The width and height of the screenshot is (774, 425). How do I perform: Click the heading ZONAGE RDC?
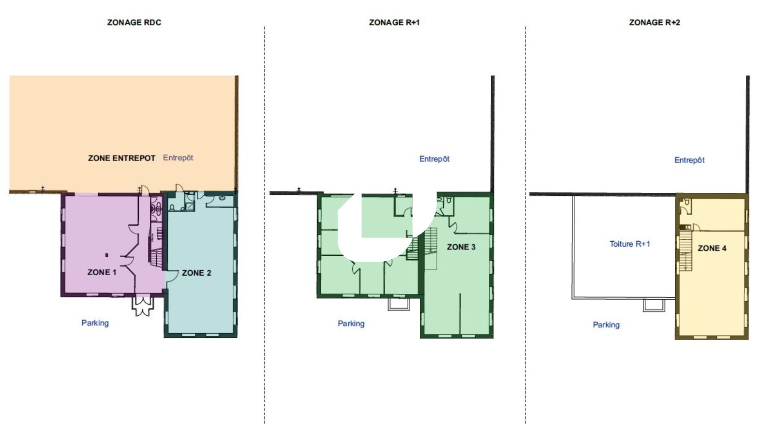click(134, 22)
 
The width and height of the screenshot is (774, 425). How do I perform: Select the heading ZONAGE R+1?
click(394, 22)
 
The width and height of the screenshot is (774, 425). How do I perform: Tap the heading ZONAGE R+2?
click(655, 22)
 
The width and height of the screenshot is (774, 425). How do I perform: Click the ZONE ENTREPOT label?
click(121, 158)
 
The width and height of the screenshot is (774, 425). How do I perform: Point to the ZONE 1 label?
click(102, 272)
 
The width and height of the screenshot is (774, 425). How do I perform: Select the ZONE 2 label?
click(196, 273)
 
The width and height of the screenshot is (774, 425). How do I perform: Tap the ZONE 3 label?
click(461, 247)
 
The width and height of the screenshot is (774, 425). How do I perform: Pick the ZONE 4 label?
click(712, 248)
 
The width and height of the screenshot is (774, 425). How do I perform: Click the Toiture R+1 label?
click(629, 244)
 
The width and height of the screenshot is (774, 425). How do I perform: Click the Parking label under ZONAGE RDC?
click(95, 323)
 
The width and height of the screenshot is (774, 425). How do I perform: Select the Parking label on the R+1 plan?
click(351, 323)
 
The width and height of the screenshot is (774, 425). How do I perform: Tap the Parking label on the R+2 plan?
click(606, 324)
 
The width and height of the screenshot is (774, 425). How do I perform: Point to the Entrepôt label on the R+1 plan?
click(434, 159)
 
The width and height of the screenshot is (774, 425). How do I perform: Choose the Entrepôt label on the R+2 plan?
click(689, 160)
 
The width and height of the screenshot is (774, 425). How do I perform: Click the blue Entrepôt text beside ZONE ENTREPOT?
click(178, 158)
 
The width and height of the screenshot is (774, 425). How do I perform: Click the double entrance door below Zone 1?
click(142, 305)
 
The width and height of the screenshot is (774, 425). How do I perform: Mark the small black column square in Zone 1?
click(107, 255)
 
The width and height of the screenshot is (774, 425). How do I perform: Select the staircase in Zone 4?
click(685, 250)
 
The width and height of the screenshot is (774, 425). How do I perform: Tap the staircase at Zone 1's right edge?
click(157, 258)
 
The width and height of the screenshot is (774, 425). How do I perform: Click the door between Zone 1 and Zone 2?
click(171, 277)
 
